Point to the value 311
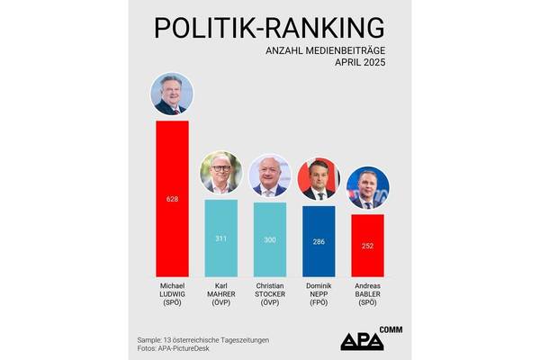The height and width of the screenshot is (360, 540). click(x=220, y=238)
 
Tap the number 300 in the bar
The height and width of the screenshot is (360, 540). click(x=270, y=239)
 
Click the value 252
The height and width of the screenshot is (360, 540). click(x=367, y=246)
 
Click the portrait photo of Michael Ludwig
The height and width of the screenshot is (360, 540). click(x=172, y=94)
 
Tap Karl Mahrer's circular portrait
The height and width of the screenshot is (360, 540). click(x=220, y=173)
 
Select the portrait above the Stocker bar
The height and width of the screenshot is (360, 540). click(x=270, y=176)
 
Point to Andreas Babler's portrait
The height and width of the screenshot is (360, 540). click(x=367, y=187)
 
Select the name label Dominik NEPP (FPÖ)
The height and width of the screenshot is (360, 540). click(x=319, y=292)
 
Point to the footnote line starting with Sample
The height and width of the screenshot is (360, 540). click(x=203, y=338)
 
